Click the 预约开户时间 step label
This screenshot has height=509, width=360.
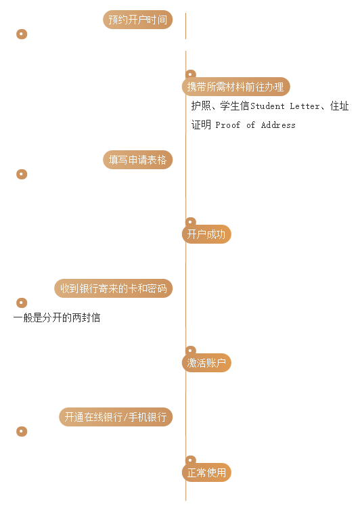pos(137,20)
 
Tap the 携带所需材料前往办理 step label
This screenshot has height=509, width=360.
pos(235,87)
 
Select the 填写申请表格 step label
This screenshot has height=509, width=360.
pos(137,160)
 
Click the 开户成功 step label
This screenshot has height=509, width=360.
pos(206,234)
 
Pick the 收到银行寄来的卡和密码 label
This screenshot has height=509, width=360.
pos(113,288)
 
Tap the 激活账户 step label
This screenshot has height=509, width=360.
pos(206,363)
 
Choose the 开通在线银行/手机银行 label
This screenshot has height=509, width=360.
pos(116,417)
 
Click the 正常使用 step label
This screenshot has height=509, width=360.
pos(206,472)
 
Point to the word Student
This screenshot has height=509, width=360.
pos(267,106)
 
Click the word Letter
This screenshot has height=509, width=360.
pos(305,106)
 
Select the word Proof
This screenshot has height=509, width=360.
pos(228,125)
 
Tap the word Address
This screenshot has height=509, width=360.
pos(278,125)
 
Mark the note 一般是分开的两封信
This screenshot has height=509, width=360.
pos(57,317)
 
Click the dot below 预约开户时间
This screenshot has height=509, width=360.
pos(22,34)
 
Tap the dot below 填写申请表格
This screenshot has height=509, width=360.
pos(22,175)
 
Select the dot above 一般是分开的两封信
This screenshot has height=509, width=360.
pos(22,303)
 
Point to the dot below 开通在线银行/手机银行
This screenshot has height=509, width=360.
pos(22,431)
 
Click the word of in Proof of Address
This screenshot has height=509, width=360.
pos(250,125)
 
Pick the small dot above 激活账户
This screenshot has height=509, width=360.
pos(191,350)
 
